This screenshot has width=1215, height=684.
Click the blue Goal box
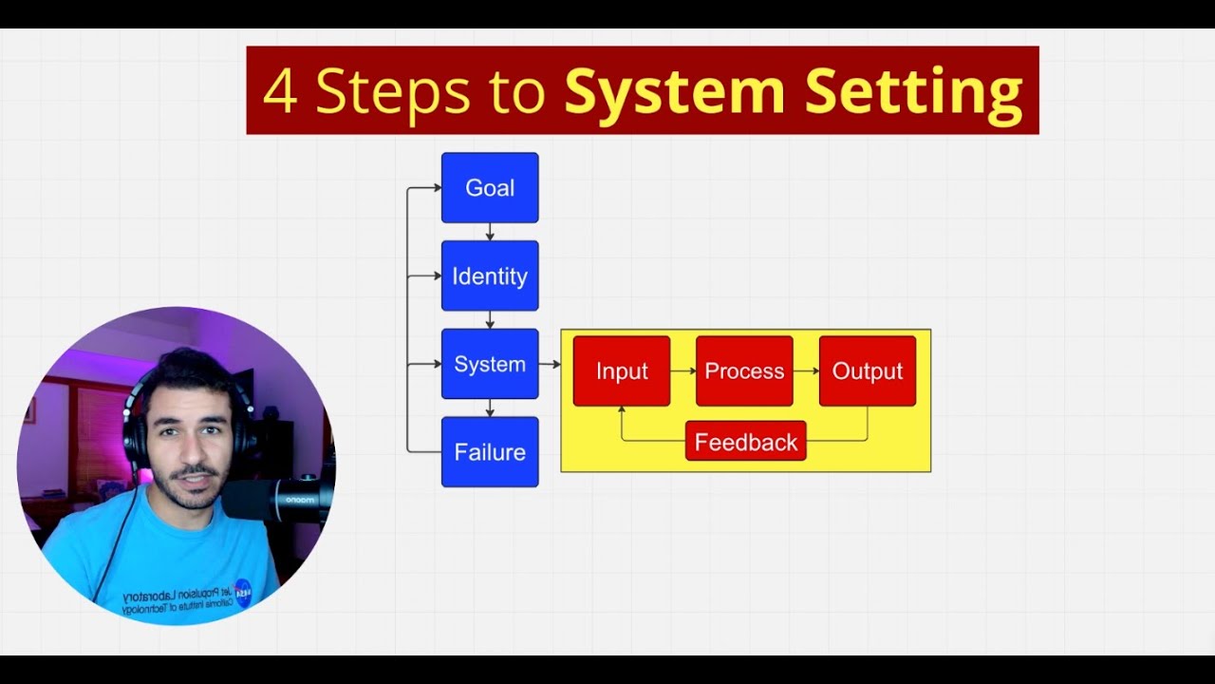pos(490,188)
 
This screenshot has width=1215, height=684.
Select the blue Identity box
pos(490,276)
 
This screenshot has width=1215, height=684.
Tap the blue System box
pos(490,364)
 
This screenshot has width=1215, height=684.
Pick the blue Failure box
pos(490,452)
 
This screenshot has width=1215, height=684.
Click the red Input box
pos(622,371)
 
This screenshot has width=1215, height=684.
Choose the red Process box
pos(744,371)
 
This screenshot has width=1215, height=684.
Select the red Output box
pos(868,371)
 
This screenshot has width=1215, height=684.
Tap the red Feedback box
pos(746,442)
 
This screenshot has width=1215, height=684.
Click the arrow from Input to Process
pos(683,371)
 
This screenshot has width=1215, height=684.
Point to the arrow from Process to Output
pos(806,371)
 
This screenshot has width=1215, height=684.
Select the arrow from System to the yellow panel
pos(550,364)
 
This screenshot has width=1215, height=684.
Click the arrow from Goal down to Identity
pos(490,232)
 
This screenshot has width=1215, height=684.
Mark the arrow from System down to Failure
pos(490,408)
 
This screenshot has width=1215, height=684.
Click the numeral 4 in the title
pos(280,92)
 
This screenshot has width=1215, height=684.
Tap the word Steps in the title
pos(393,92)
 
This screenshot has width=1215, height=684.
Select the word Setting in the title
pos(913,92)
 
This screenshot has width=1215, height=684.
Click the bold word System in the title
pos(675,92)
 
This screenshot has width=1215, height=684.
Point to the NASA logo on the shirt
pos(242,591)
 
